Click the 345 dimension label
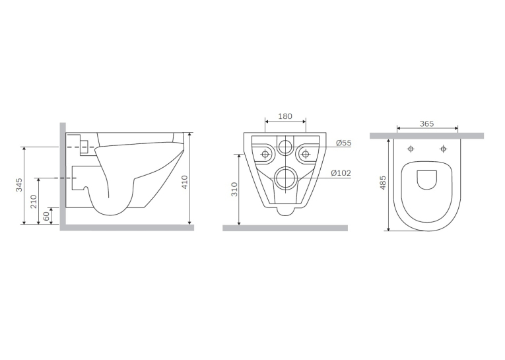pyautogui.click(x=20, y=185)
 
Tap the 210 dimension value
pyautogui.click(x=34, y=201)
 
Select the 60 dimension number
pyautogui.click(x=46, y=216)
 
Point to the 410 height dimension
pyautogui.click(x=185, y=182)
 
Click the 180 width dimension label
pyautogui.click(x=285, y=116)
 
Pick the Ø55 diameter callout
pyautogui.click(x=344, y=143)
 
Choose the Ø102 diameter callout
pyautogui.click(x=341, y=173)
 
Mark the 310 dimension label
pyautogui.click(x=234, y=189)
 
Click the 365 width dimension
pyautogui.click(x=426, y=124)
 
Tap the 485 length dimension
pyautogui.click(x=383, y=182)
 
